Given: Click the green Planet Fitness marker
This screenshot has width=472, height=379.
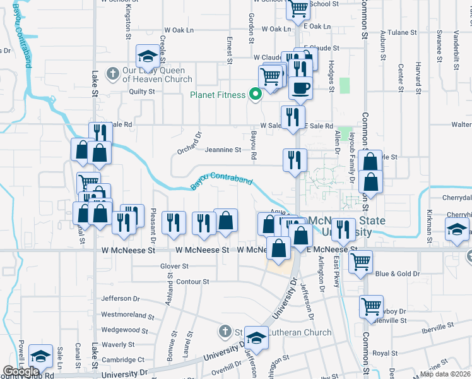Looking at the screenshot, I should (256, 95).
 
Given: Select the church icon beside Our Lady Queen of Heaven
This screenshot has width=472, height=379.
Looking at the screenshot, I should (113, 73).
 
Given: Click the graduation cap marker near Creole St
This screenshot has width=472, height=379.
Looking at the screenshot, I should (148, 56).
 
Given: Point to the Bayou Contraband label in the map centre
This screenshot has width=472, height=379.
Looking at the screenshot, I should (221, 181).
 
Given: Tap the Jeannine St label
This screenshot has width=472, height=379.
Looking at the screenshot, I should (223, 150).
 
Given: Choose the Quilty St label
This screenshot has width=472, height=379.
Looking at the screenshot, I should (142, 92).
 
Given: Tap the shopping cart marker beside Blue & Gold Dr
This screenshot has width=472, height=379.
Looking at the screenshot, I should (360, 260).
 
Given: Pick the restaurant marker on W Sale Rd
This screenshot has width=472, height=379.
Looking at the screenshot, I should (293, 117).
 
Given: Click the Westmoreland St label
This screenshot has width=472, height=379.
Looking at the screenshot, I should (127, 314).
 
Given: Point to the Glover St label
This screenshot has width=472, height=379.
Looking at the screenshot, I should (174, 267).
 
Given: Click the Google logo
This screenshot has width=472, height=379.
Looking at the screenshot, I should (21, 371).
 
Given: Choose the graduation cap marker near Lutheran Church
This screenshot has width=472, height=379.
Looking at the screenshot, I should (257, 339).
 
